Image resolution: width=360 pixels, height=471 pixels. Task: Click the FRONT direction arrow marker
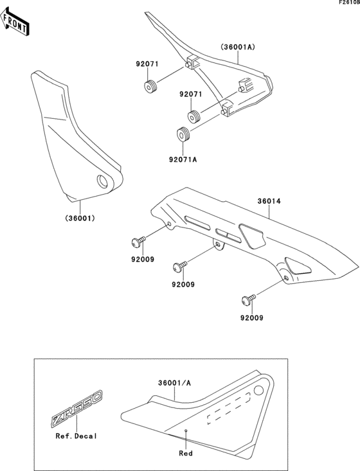pos(15,23)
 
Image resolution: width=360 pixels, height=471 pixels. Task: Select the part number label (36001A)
pos(239,47)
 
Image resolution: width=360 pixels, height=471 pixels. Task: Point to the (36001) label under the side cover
pos(80,218)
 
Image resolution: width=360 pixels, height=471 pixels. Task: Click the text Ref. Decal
pos(75,436)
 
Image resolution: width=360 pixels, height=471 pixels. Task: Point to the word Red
pos(186,453)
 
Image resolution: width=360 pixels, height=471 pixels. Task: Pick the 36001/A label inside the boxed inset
pos(174,383)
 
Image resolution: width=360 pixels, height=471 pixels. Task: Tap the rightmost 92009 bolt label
pos(251,317)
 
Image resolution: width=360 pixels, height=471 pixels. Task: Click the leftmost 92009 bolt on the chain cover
pos(137,242)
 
